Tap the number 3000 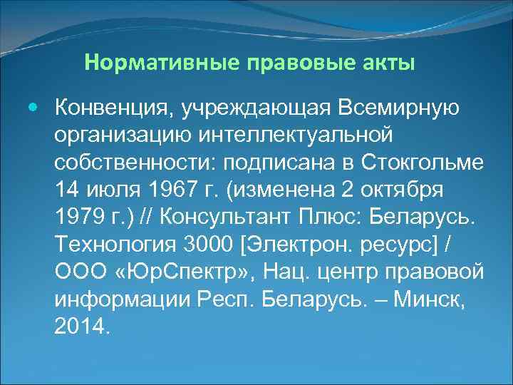pyautogui.click(x=208, y=245)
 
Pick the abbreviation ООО pyautogui.click(x=75, y=273)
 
